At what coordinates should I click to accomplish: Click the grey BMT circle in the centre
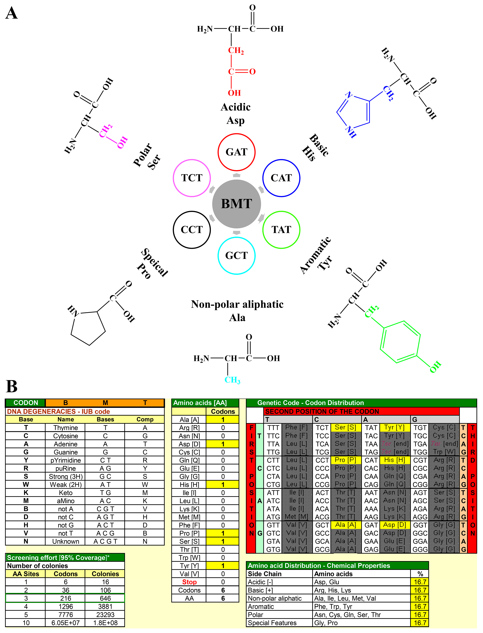pyautogui.click(x=236, y=204)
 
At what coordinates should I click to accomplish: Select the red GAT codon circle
pyautogui.click(x=236, y=152)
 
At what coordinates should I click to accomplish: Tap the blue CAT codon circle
pyautogui.click(x=281, y=178)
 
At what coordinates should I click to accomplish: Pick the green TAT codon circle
pyautogui.click(x=281, y=230)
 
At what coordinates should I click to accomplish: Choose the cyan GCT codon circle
pyautogui.click(x=236, y=256)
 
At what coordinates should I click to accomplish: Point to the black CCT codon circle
pyautogui.click(x=192, y=230)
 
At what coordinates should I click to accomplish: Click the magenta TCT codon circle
pyautogui.click(x=192, y=178)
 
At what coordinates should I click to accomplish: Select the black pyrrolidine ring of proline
pyautogui.click(x=88, y=328)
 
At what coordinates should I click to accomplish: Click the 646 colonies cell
pyautogui.click(x=105, y=598)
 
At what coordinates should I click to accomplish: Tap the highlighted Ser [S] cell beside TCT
pyautogui.click(x=345, y=428)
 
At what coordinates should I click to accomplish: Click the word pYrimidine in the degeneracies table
pyautogui.click(x=66, y=460)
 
